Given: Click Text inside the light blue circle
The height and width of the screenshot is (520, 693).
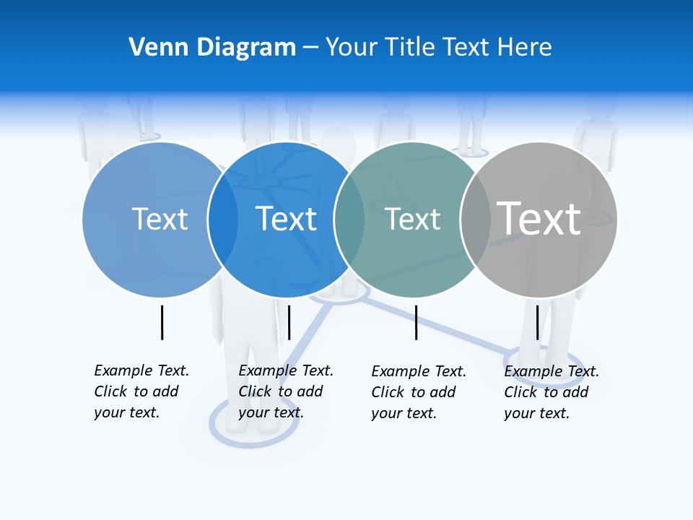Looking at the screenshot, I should point(160,219).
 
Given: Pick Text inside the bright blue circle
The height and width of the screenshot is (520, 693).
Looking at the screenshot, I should point(287,219).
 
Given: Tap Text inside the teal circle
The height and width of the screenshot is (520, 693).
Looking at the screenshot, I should point(413,220).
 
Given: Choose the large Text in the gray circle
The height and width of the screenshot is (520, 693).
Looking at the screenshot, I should point(539,218).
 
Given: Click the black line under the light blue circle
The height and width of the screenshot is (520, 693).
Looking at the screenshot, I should point(162,322).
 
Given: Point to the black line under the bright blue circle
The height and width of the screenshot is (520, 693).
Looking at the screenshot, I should point(289,322).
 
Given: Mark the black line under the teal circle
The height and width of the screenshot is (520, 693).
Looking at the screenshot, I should point(416,322).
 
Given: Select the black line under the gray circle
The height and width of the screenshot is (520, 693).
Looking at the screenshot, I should point(537,322).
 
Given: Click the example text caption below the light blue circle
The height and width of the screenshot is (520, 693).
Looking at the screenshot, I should point(141,391).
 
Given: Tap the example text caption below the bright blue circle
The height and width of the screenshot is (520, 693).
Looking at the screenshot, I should point(285,391).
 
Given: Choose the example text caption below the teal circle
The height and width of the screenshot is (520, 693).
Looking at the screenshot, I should point(418,392).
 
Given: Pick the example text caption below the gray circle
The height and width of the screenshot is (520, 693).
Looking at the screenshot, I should point(551,392).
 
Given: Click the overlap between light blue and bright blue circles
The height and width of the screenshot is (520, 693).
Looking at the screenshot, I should point(223,219).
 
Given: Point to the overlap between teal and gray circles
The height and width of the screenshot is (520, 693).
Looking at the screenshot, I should point(476,219).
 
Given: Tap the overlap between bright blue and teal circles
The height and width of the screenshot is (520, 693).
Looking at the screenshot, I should point(349,219).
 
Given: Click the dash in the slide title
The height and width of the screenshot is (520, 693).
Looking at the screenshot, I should point(310,47).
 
